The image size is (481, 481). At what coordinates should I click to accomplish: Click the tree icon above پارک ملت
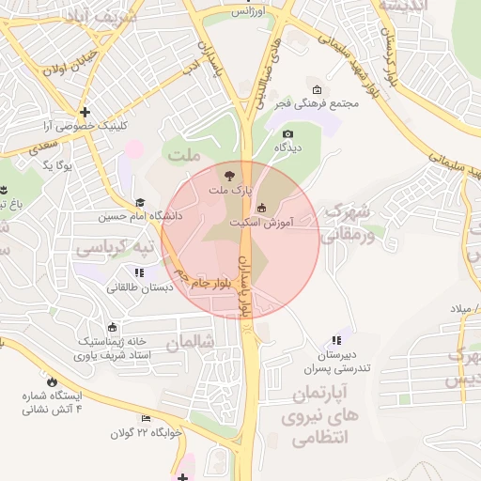(229, 175)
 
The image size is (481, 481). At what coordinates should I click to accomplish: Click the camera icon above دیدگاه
(287, 135)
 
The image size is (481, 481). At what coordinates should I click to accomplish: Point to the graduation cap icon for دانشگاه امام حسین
(140, 203)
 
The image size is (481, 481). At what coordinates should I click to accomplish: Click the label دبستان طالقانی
(139, 287)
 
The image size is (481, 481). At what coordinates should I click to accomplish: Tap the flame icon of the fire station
(52, 382)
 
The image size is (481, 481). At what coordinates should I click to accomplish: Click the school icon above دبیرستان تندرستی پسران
(335, 342)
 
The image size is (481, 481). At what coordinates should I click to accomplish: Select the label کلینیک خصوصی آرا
(85, 125)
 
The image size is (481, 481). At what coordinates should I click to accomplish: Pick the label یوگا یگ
(58, 165)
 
